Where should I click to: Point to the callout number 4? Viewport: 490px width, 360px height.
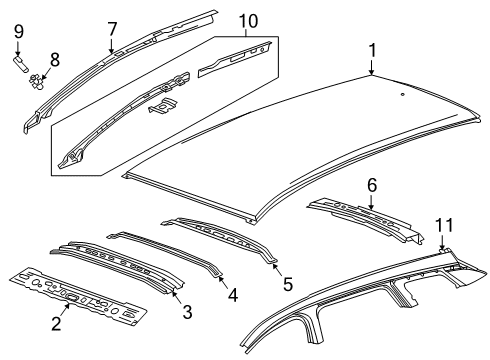(233, 295)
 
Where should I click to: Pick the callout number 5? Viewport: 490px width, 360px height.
(288, 284)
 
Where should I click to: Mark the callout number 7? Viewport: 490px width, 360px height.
(111, 29)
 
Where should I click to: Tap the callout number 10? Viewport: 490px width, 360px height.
(247, 20)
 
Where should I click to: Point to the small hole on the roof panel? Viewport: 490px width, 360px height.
(401, 94)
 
